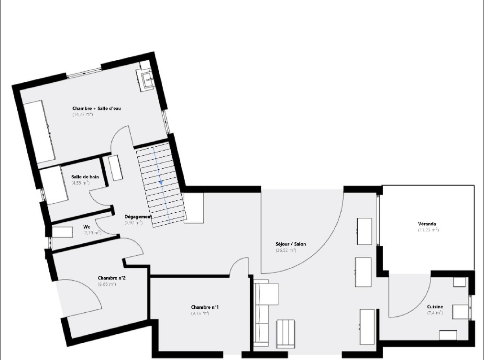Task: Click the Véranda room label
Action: [x=427, y=224]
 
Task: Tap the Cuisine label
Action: [x=435, y=306]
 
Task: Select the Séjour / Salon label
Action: [x=291, y=244]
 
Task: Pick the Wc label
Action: [x=87, y=227]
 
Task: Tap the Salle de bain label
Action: [x=85, y=177]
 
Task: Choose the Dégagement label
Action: [x=138, y=217]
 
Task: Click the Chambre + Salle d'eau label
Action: [x=97, y=108]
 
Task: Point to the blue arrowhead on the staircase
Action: [x=161, y=183]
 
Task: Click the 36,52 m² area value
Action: [x=286, y=251]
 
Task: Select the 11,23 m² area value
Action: [x=428, y=230]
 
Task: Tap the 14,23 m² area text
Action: [x=83, y=114]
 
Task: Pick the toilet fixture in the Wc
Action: [x=62, y=232]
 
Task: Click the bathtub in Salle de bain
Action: [x=54, y=185]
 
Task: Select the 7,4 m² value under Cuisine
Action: [x=435, y=313]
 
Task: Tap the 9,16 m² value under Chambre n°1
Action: [x=200, y=313]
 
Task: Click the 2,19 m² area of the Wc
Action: [x=92, y=233]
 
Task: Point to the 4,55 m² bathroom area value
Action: [x=80, y=183]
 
